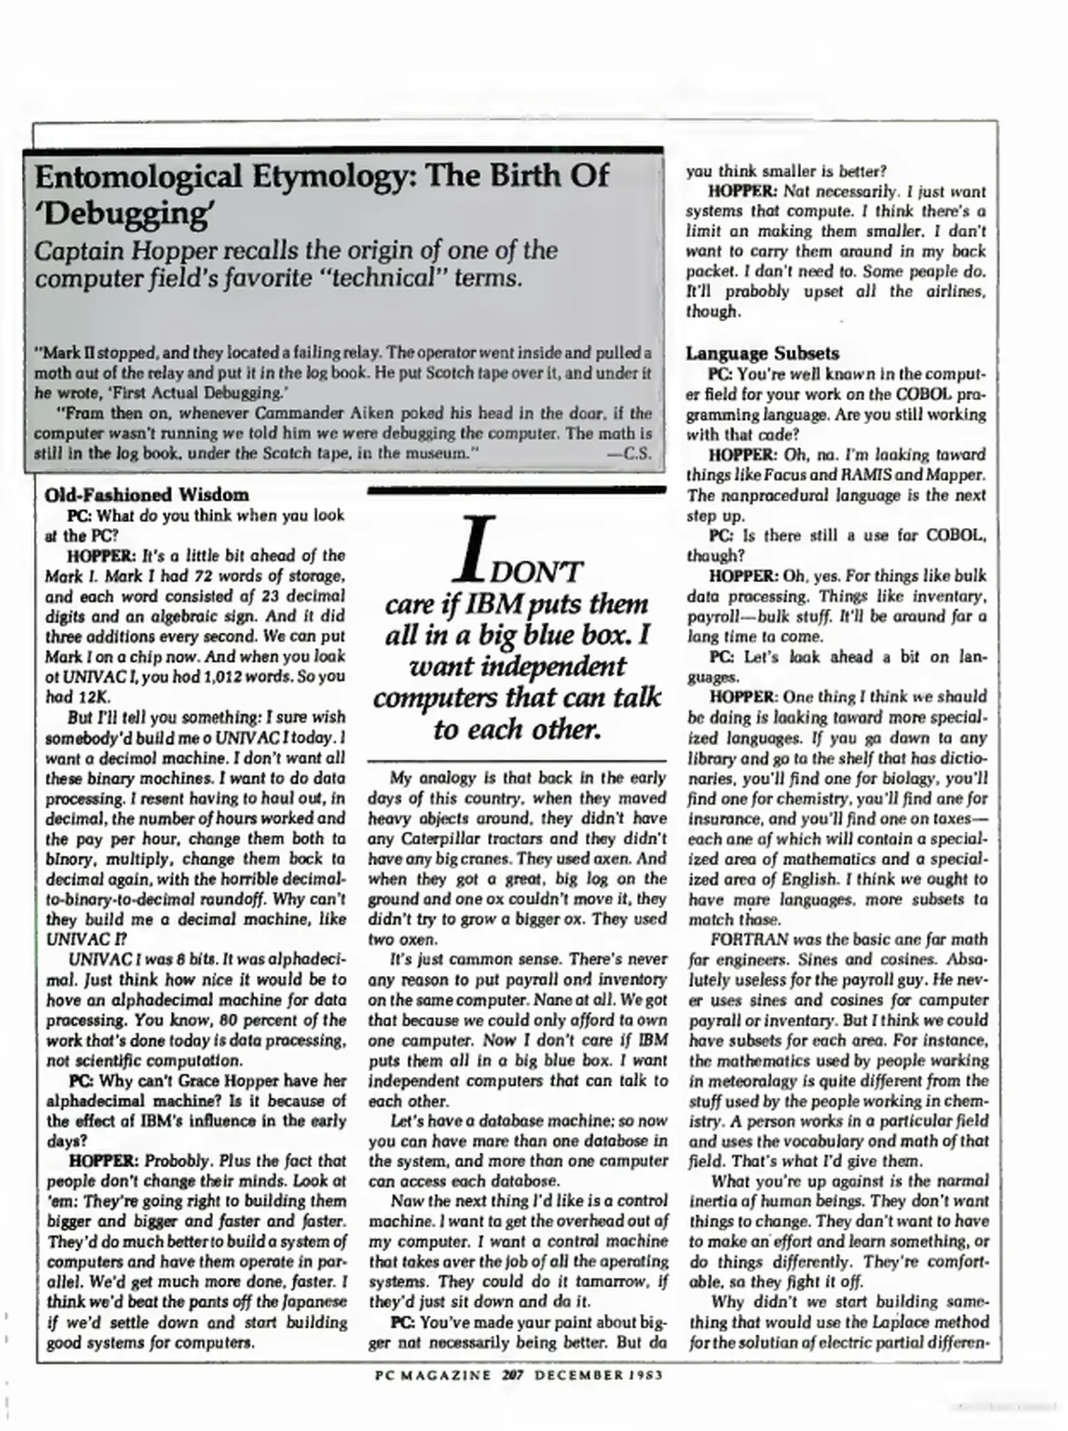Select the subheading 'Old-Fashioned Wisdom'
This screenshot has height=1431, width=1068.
point(146,495)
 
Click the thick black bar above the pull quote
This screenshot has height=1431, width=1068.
point(516,490)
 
